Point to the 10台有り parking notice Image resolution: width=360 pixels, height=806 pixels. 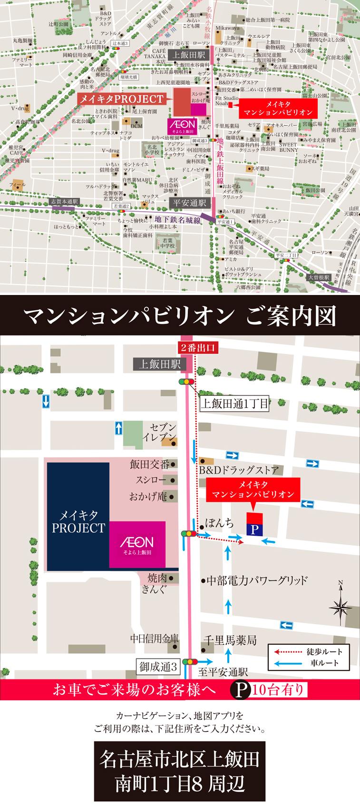pos(278,689)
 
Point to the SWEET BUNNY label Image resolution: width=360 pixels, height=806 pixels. pos(289,147)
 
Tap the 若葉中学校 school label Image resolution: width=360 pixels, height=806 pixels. pos(166,244)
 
